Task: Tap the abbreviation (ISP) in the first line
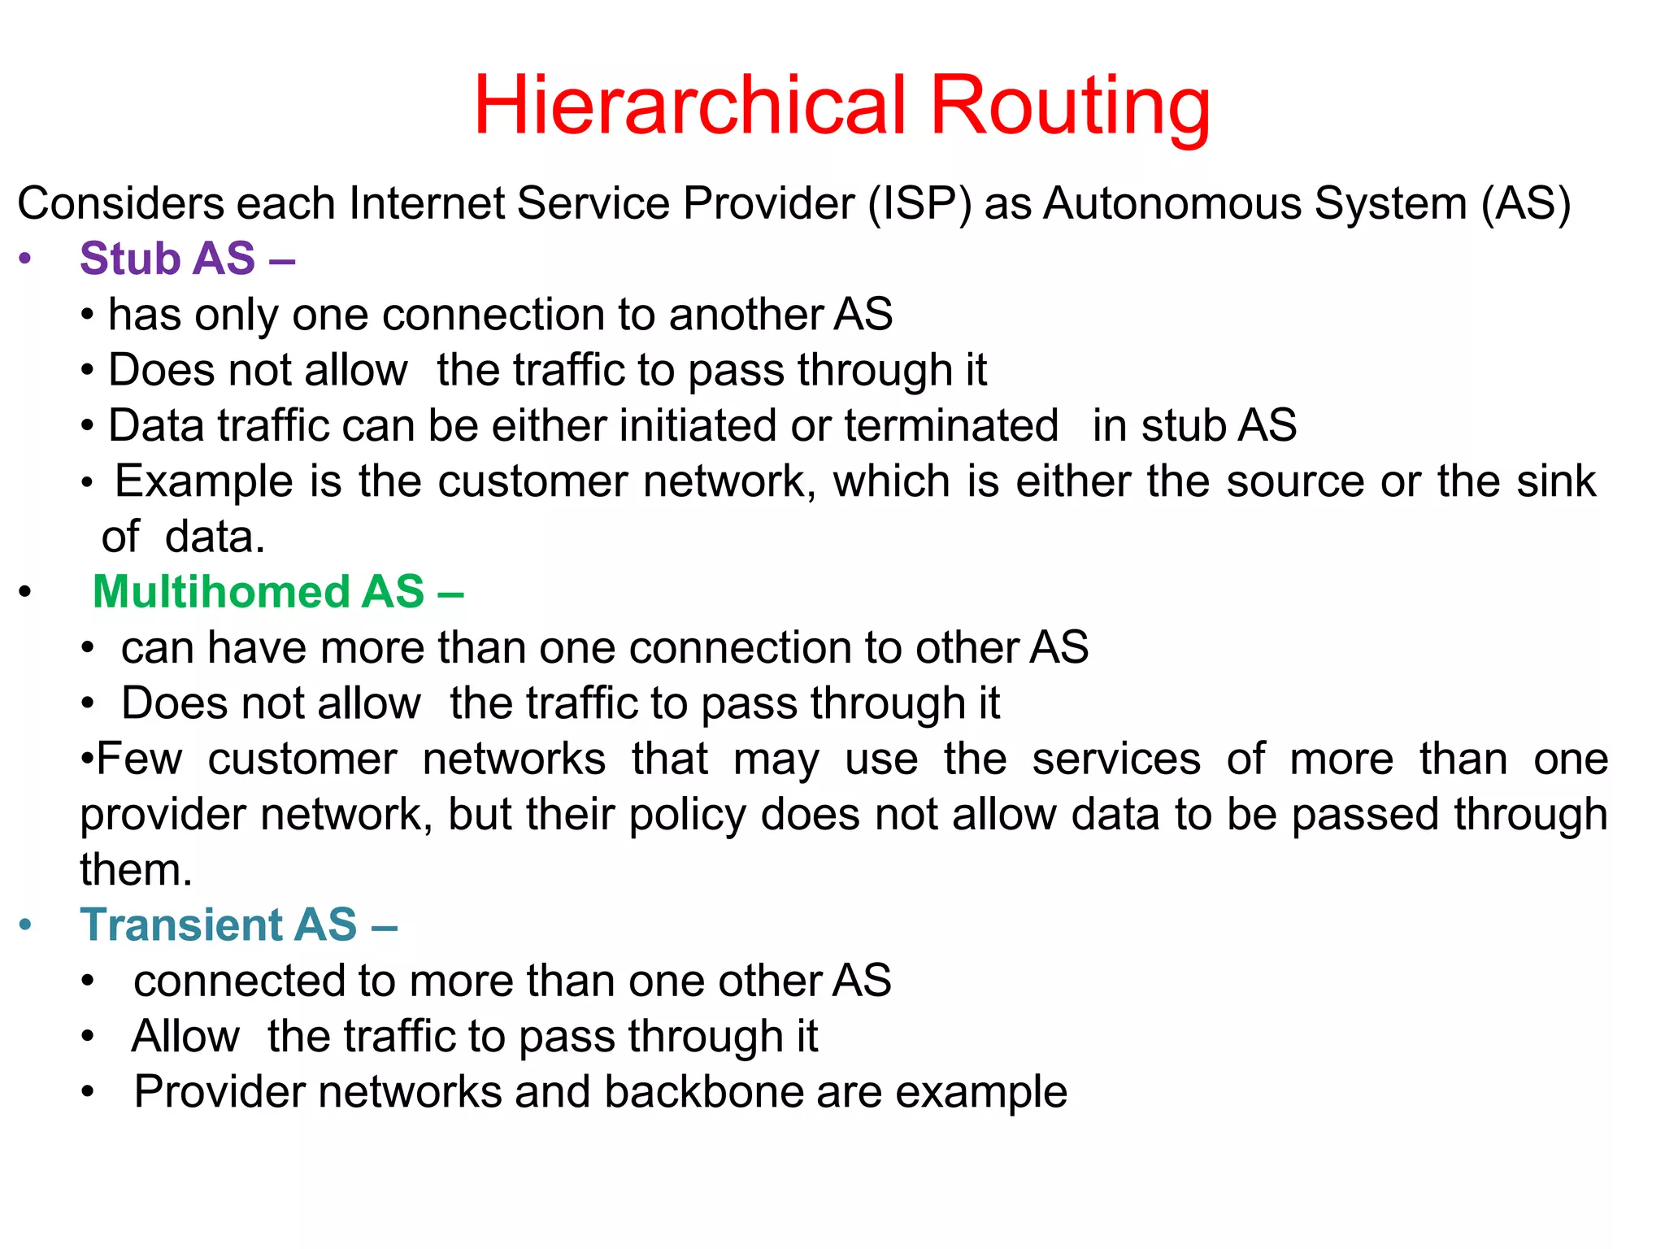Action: (x=919, y=203)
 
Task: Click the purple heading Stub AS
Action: (x=167, y=259)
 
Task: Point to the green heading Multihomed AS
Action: (x=259, y=591)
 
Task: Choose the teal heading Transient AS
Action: (x=219, y=925)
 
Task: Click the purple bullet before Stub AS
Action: (x=25, y=259)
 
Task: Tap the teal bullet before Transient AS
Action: (x=25, y=925)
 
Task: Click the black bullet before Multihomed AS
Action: (x=25, y=592)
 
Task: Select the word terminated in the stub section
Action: (x=951, y=425)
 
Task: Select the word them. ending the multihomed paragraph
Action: (x=136, y=870)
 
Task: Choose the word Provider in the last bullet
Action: (x=220, y=1091)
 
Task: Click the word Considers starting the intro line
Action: (x=120, y=203)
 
